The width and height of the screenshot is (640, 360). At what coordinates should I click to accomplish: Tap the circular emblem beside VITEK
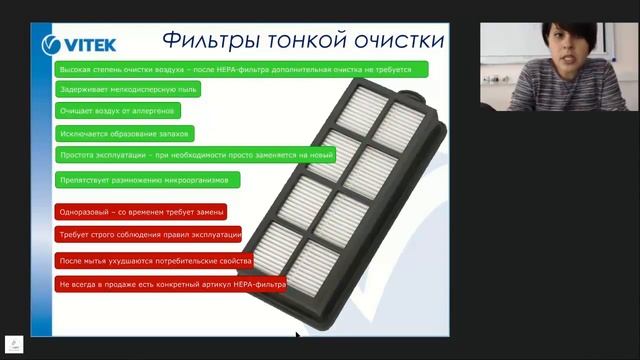coord(52,44)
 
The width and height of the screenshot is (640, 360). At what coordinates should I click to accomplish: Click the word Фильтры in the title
coord(208,41)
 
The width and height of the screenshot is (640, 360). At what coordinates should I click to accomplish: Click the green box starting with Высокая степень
coord(241,69)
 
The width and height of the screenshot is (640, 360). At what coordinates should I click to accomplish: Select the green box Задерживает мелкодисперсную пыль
coord(127,89)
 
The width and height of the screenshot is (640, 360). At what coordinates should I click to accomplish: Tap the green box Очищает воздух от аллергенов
coord(118,111)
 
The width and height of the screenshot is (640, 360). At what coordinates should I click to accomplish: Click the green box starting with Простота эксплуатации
coord(195,156)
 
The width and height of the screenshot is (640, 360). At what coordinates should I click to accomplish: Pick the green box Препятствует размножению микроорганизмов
coord(148,180)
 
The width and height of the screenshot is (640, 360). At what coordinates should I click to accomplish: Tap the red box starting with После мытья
coord(154,260)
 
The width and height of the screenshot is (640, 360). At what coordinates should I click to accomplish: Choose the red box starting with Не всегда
coord(171,284)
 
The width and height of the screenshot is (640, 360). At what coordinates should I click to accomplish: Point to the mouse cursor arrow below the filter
coord(298,336)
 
